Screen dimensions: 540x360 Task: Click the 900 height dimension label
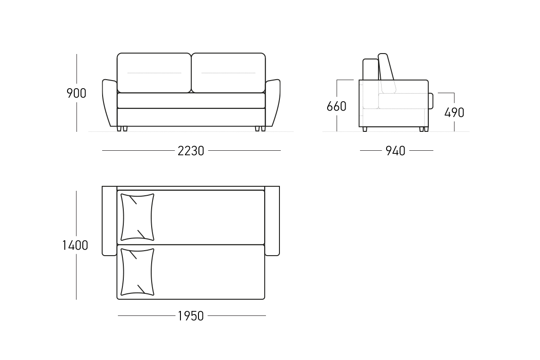click(76, 93)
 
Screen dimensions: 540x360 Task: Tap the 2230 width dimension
click(191, 151)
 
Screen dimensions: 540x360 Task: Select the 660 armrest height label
click(336, 106)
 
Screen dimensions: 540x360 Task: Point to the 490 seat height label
click(454, 112)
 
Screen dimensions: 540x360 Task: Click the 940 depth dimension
click(396, 151)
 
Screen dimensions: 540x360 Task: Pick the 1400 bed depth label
click(75, 245)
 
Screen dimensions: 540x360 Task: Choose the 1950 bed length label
click(191, 316)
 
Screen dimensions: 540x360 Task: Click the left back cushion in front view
click(154, 73)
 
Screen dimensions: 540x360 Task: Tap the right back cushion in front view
click(228, 73)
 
